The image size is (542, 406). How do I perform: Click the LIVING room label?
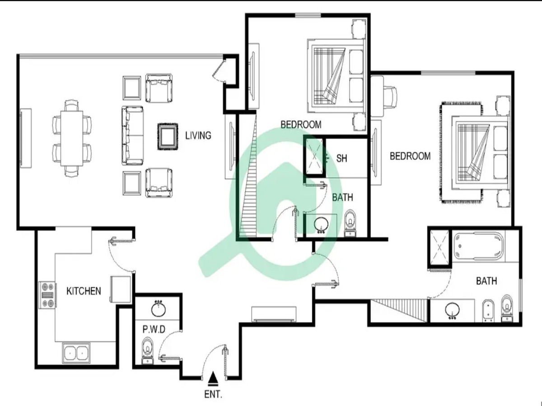pyautogui.click(x=198, y=136)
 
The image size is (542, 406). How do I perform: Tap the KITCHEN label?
pyautogui.click(x=84, y=291)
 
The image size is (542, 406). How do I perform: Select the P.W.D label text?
pyautogui.click(x=154, y=329)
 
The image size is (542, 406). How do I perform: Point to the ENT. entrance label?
pyautogui.click(x=213, y=394)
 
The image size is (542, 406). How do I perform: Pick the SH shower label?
pyautogui.click(x=341, y=158)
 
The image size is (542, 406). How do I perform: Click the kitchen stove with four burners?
pyautogui.click(x=48, y=295)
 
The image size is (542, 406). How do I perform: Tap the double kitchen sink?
pyautogui.click(x=76, y=353)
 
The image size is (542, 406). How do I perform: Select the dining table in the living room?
pyautogui.click(x=72, y=138)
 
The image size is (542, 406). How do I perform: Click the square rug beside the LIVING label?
pyautogui.click(x=168, y=136)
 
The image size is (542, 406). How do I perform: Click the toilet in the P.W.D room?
pyautogui.click(x=148, y=351)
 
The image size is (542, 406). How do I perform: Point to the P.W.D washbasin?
pyautogui.click(x=158, y=309)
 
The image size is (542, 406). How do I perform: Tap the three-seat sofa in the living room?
pyautogui.click(x=133, y=136)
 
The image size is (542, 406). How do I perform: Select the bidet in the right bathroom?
pyautogui.click(x=488, y=311)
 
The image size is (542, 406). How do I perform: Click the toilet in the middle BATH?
pyautogui.click(x=350, y=223)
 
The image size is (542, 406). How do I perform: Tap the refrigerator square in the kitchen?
pyautogui.click(x=121, y=289)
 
